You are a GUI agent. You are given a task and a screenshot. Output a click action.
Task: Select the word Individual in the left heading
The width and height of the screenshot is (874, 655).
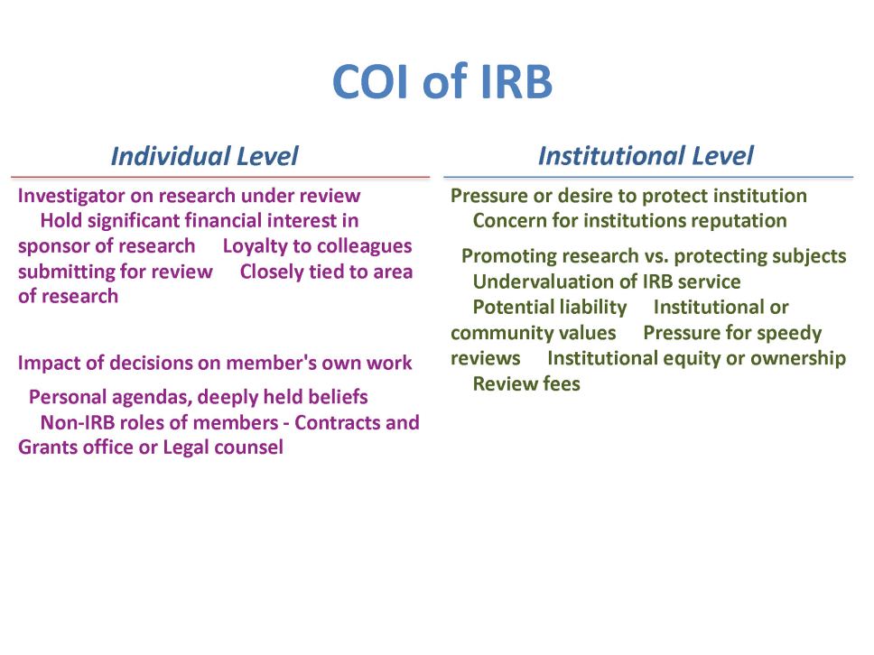171,156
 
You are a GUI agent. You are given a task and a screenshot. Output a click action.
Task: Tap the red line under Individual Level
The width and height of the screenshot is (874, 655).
220,177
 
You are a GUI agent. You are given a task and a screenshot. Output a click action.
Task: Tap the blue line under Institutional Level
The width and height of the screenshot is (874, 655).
648,177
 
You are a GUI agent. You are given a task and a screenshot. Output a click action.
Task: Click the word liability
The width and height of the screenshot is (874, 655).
593,308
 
